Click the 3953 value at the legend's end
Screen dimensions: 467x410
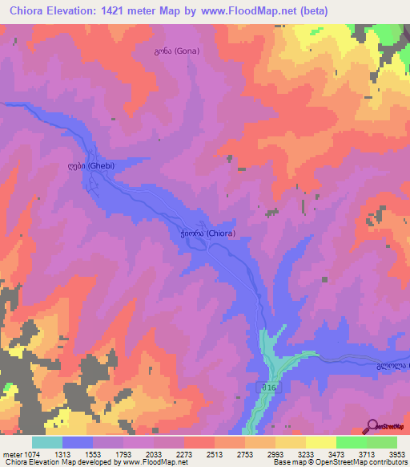pyautogui.click(x=397, y=453)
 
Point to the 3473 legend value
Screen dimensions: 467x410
pyautogui.click(x=336, y=453)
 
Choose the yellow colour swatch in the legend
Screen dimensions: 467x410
pyautogui.click(x=321, y=442)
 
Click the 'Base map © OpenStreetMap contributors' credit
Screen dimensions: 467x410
pyautogui.click(x=340, y=462)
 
